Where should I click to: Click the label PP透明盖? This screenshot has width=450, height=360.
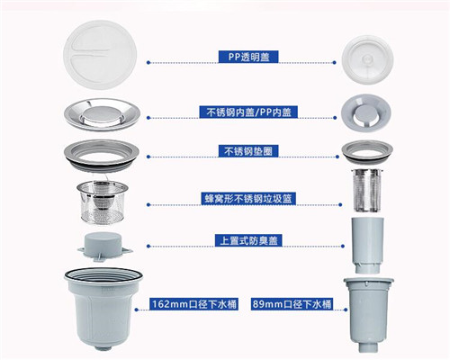[248, 57]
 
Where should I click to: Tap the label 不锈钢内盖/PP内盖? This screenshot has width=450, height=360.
[248, 112]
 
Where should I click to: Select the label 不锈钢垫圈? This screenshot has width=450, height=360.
[248, 151]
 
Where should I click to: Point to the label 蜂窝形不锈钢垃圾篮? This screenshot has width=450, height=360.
[248, 199]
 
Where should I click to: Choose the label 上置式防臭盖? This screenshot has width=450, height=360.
[248, 240]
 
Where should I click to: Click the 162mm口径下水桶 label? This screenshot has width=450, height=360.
[194, 304]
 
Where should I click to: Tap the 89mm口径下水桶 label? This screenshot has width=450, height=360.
[292, 304]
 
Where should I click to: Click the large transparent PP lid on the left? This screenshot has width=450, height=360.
[100, 55]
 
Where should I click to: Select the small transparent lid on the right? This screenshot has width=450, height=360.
[367, 59]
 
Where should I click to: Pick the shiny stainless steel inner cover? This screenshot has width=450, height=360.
[103, 114]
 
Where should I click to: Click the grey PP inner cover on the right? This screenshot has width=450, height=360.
[366, 112]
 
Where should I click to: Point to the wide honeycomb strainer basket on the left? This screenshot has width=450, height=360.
[103, 202]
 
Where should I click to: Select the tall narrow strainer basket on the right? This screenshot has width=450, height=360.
[367, 191]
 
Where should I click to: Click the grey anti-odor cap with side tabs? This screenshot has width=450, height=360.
[104, 246]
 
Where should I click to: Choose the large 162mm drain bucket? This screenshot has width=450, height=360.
[103, 309]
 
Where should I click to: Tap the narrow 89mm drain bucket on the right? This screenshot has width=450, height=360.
[368, 315]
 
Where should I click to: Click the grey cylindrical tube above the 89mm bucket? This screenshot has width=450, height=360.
[367, 245]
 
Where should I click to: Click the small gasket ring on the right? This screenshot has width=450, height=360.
[367, 152]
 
